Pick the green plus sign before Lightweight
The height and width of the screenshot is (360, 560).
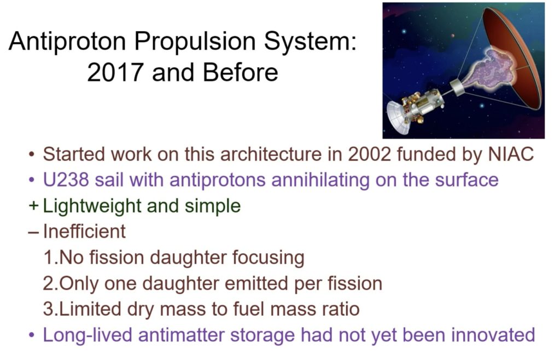34,206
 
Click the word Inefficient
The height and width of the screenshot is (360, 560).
84,231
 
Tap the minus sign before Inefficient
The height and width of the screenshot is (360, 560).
34,232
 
